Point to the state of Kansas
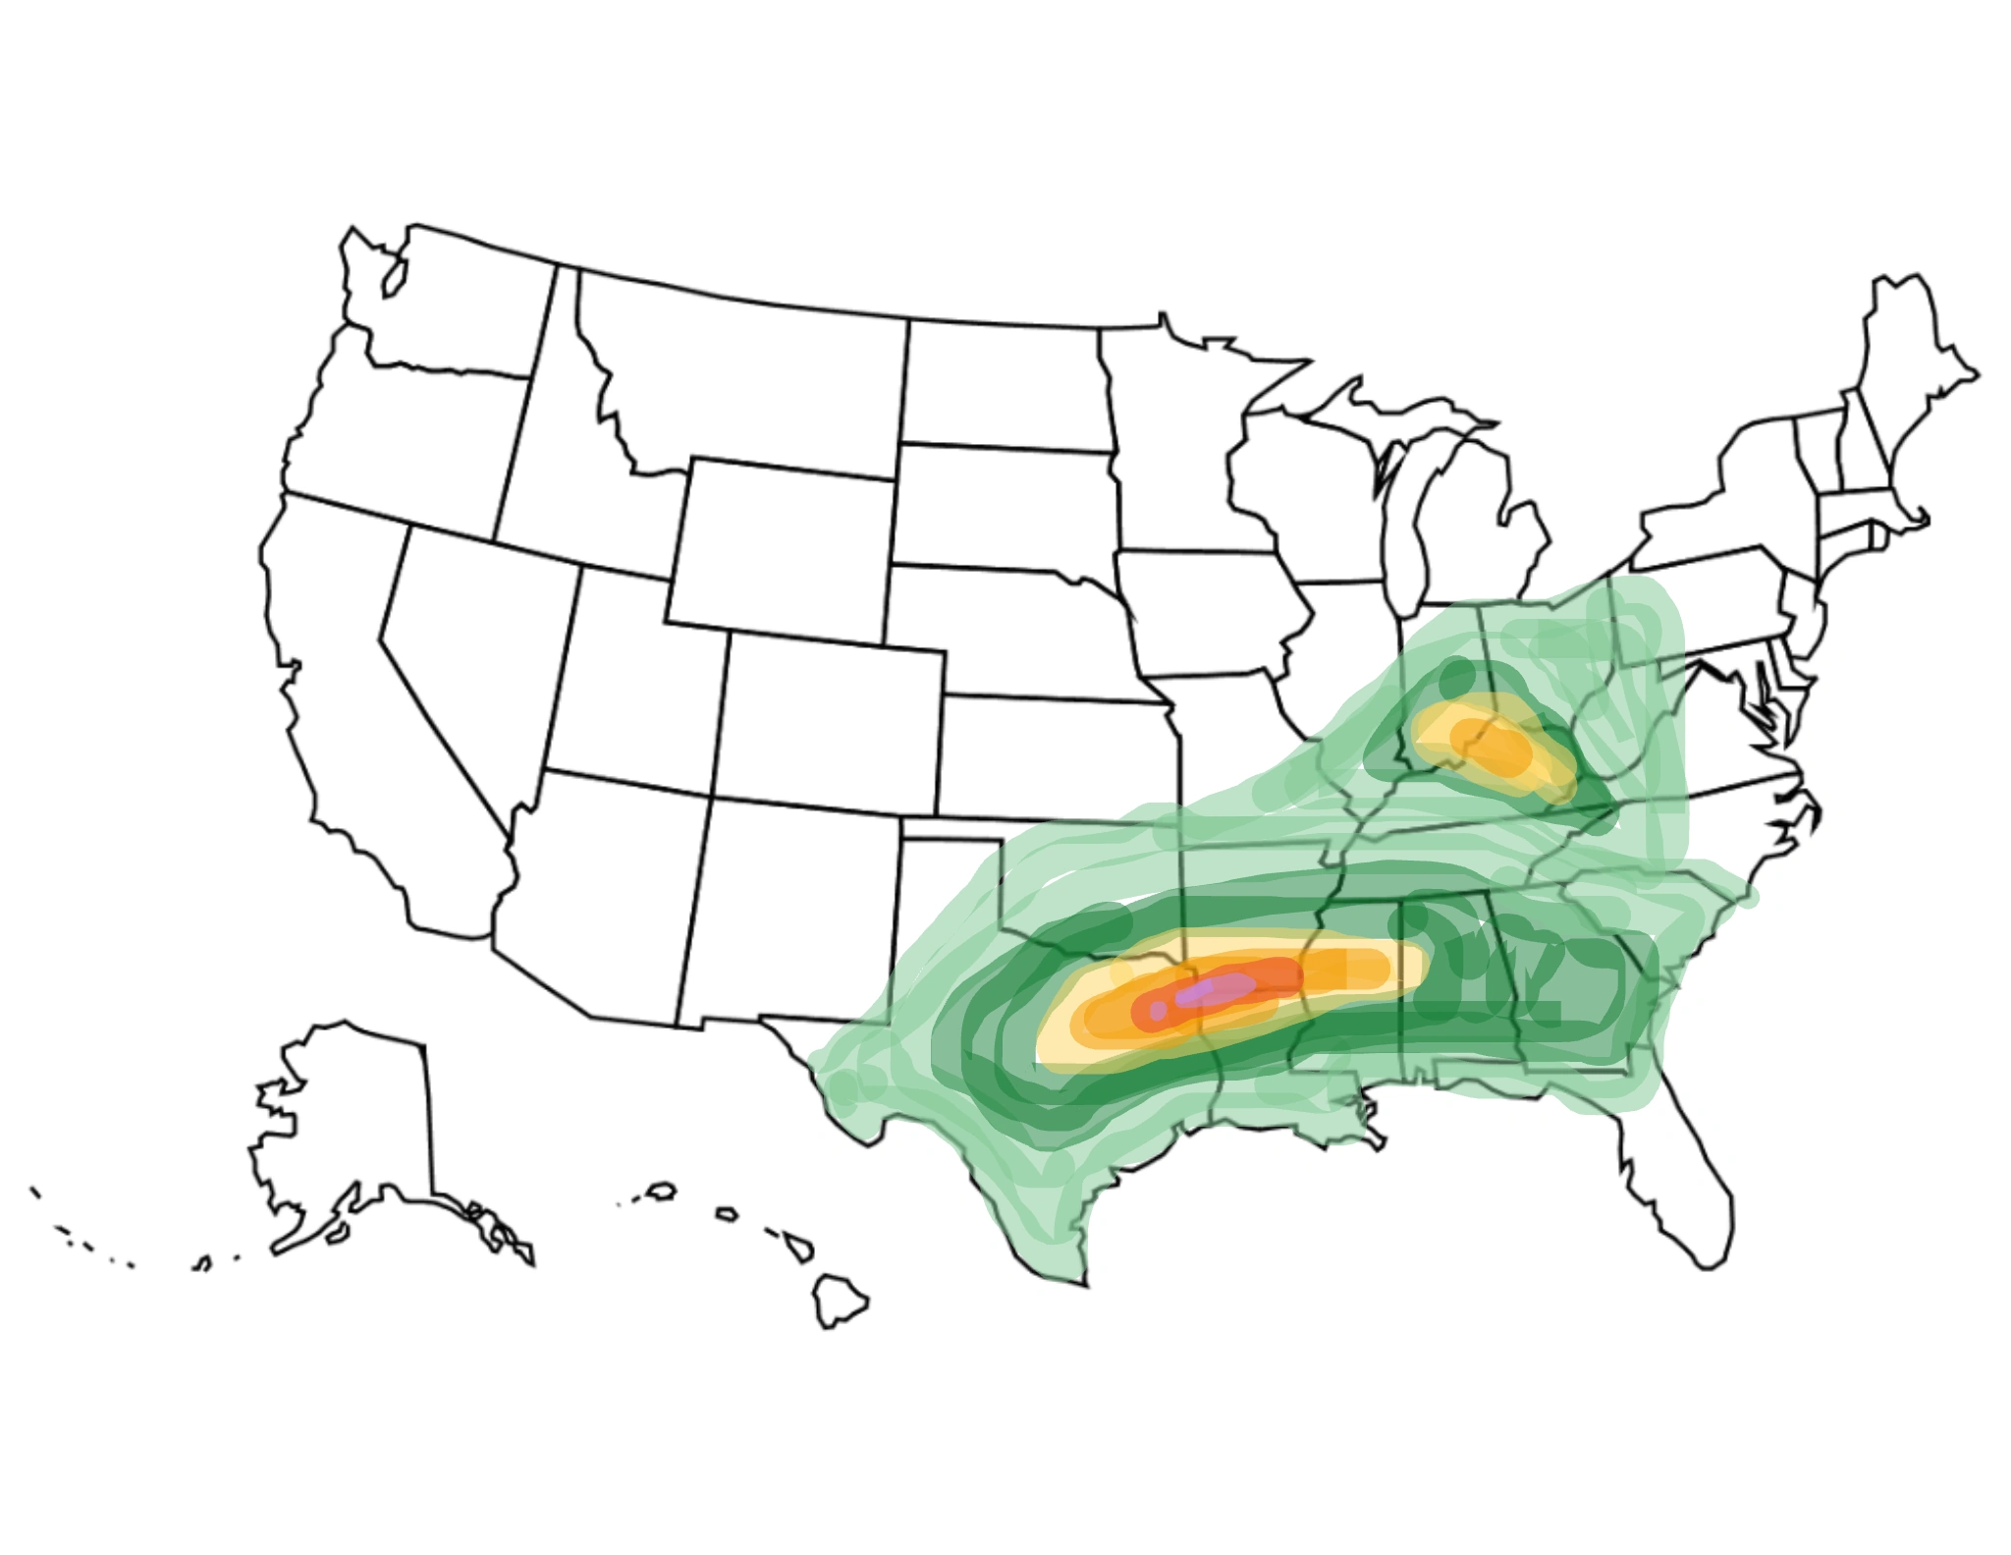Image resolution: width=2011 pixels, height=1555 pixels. coord(1051,756)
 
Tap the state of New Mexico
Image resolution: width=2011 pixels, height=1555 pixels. coord(786,914)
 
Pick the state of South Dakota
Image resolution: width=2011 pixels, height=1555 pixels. coord(1002,506)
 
